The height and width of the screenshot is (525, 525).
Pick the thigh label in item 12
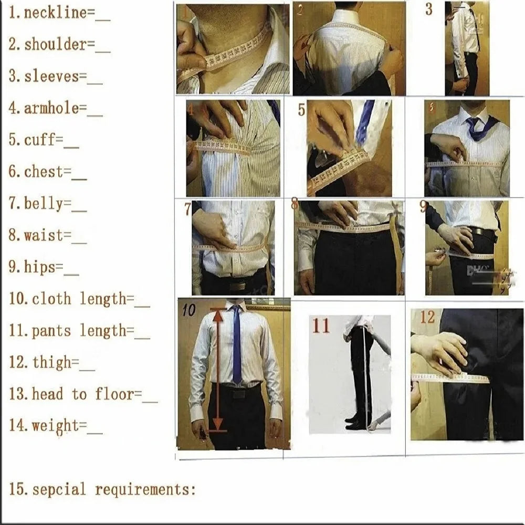(51, 362)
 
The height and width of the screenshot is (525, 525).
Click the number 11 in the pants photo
(321, 325)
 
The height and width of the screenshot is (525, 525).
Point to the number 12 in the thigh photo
(427, 317)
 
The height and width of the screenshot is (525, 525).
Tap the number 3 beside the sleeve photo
(429, 9)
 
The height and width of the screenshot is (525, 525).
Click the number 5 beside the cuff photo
(301, 110)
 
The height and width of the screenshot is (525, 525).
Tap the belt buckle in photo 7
(237, 286)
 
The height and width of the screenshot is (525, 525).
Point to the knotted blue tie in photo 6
(477, 127)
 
